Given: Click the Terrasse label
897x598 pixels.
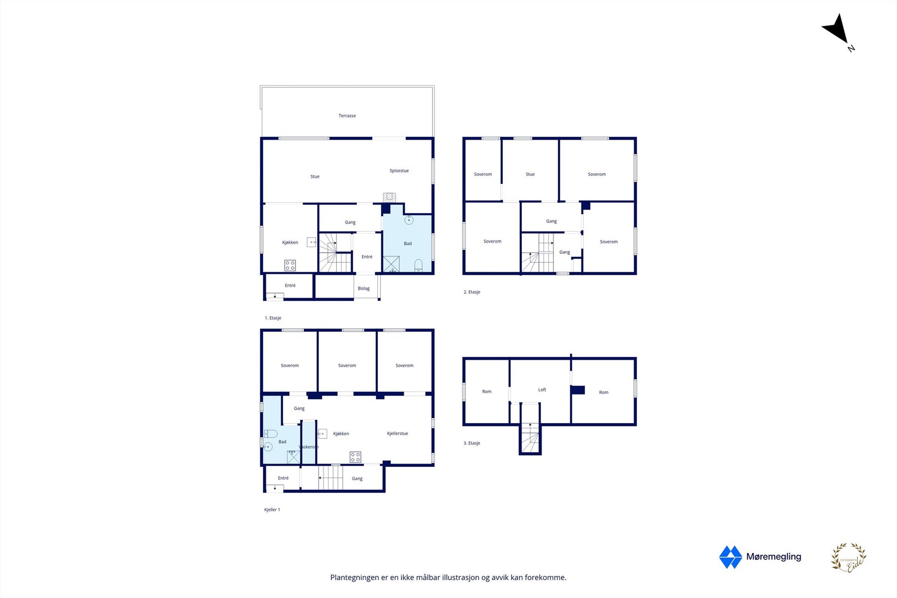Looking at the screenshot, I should [x=347, y=116].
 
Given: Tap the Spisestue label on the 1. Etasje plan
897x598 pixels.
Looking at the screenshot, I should [x=399, y=171].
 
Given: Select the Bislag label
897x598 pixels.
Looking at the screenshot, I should [x=364, y=289].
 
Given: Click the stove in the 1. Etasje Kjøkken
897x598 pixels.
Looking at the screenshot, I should [x=290, y=265].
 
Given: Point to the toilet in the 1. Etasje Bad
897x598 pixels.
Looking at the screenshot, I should [x=418, y=265].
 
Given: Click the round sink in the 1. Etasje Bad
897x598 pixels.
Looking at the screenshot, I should [x=409, y=220].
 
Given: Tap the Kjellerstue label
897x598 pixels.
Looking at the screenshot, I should [x=397, y=434].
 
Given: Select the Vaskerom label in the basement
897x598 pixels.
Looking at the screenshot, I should [x=308, y=447].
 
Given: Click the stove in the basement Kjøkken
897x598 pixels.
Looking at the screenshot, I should [x=355, y=457].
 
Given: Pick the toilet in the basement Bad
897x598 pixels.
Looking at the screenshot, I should [x=271, y=434].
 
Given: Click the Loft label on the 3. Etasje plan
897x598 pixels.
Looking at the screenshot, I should [x=542, y=390].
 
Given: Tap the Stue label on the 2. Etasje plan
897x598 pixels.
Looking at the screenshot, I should [x=530, y=174].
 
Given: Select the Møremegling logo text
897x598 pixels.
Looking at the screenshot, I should [x=774, y=557].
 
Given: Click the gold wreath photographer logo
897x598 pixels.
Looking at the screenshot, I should [x=848, y=558].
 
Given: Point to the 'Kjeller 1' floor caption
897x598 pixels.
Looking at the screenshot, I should [x=272, y=510].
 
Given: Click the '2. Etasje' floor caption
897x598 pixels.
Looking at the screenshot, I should [x=472, y=292].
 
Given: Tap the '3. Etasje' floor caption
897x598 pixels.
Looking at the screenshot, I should [x=472, y=443].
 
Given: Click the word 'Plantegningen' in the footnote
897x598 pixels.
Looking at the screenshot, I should [x=354, y=577].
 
